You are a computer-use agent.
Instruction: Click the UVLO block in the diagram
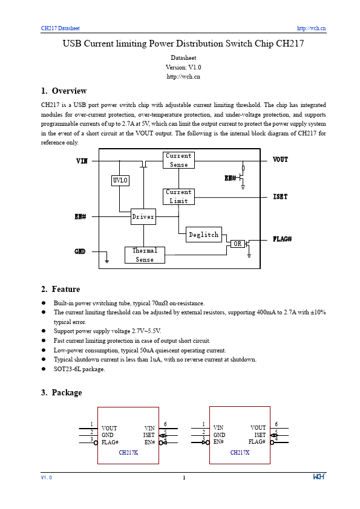120,180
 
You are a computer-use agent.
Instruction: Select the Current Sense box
178,160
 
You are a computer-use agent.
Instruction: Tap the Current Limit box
178,196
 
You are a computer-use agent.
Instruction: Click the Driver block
143,216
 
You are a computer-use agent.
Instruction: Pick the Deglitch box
204,235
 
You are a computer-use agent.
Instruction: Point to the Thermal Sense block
145,255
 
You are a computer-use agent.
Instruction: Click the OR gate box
238,244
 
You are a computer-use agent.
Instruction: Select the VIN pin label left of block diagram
82,161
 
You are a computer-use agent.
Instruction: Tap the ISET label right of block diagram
280,197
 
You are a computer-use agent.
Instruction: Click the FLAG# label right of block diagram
282,239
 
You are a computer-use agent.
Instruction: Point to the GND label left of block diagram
80,251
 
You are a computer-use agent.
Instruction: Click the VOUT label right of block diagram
280,160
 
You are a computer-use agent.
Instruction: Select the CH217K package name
128,452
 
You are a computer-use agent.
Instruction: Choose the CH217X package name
240,452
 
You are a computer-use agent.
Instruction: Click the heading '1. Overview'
64,91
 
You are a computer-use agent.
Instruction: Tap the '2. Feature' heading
61,289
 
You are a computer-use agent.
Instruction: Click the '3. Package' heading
61,392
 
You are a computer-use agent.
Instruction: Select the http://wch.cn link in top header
312,28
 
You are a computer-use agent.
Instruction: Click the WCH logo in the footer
319,478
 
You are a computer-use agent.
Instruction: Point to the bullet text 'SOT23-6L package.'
79,369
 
